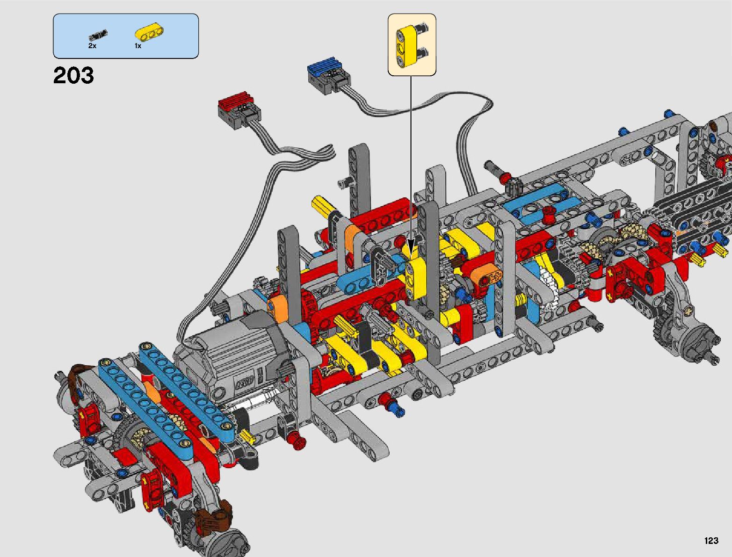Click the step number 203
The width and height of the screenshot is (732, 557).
(x=73, y=75)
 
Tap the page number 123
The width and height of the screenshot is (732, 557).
(x=711, y=540)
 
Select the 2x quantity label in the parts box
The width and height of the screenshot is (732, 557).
(x=92, y=46)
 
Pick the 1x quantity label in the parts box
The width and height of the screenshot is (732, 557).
(x=138, y=46)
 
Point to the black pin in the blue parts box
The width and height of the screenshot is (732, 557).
(x=98, y=34)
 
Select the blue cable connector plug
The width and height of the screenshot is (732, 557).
(x=328, y=75)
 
